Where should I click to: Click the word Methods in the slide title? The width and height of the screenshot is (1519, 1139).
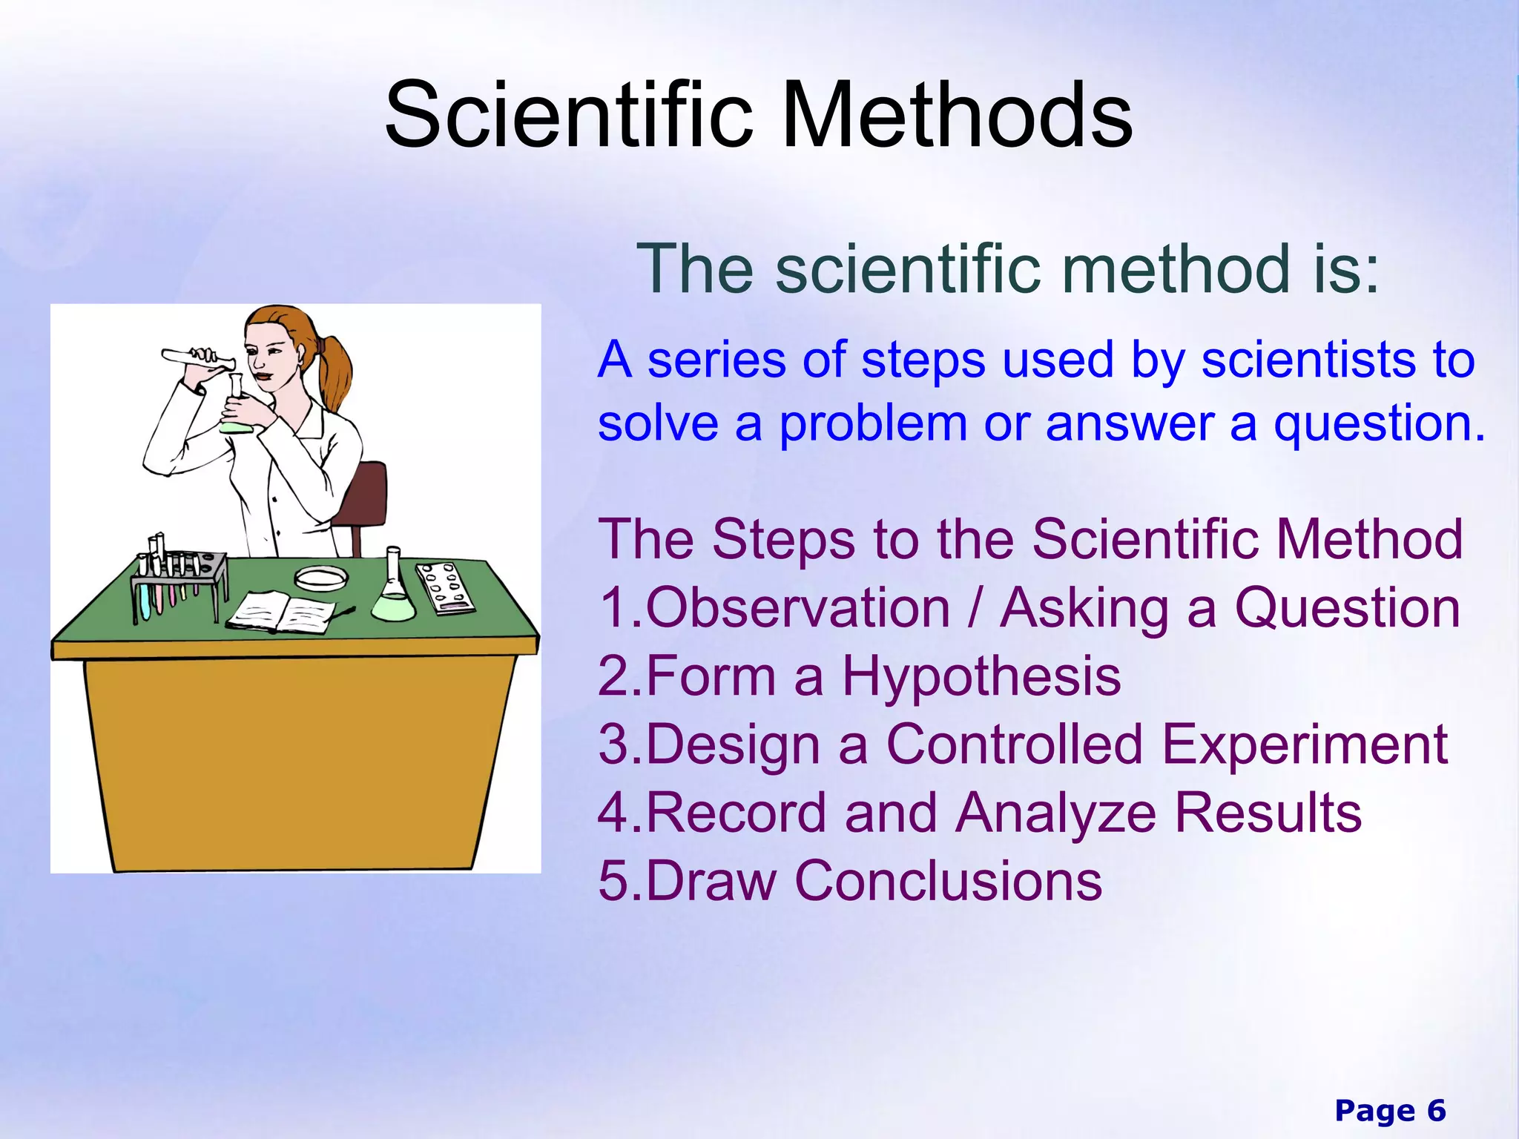957,115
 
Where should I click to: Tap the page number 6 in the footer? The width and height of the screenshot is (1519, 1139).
1436,1111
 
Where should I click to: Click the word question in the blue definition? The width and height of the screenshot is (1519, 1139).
1378,424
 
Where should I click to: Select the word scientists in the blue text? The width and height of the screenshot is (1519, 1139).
1309,360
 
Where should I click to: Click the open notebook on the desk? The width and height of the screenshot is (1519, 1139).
282,613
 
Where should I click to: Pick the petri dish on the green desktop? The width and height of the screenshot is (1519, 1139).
321,577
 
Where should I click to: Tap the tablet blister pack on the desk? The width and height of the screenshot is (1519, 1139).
445,588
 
